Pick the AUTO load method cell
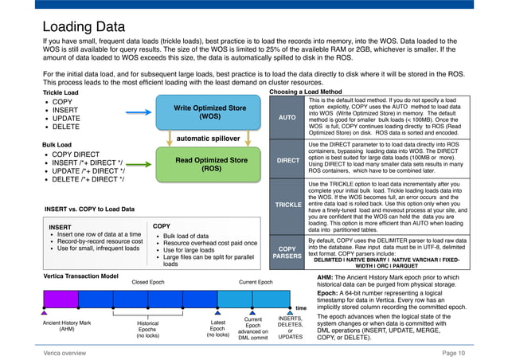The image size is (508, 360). [287, 116]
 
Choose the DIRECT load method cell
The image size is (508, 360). [287, 159]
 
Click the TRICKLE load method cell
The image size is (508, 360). [287, 205]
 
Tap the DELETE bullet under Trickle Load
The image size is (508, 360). [68, 127]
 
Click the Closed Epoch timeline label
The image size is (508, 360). [147, 282]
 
